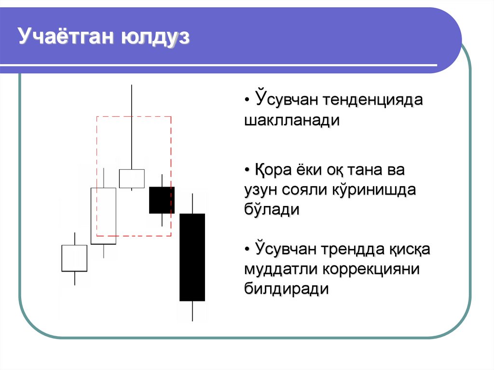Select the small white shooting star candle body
click(x=132, y=178)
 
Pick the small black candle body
click(x=162, y=200)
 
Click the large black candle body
click(x=192, y=257)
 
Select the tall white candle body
click(x=103, y=216)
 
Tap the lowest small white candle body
click(x=74, y=258)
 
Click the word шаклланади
click(x=292, y=121)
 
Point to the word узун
click(x=261, y=191)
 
